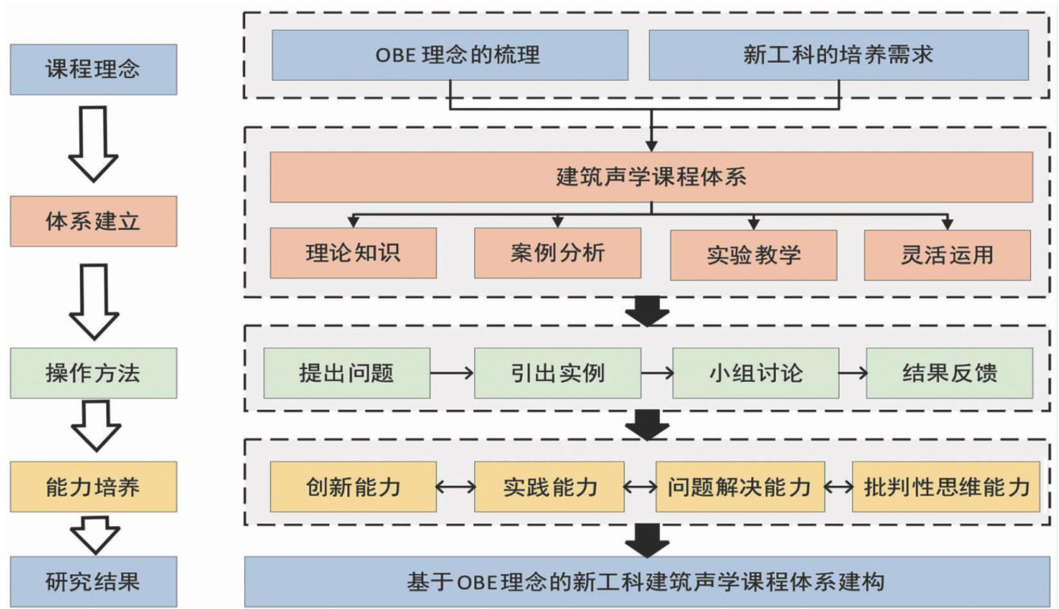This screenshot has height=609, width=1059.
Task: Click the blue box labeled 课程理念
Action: tap(93, 69)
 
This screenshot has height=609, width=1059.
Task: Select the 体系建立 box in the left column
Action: tap(93, 220)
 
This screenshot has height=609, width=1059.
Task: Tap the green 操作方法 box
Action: tap(93, 373)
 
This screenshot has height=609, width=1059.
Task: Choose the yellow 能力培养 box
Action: tap(93, 487)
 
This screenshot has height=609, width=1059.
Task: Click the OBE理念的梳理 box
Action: tap(450, 56)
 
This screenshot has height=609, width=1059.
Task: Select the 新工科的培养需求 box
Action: tap(838, 56)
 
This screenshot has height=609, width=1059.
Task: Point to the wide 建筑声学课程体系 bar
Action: tap(651, 176)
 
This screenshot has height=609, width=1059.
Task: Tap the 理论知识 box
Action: tap(353, 254)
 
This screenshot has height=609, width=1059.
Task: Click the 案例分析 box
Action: tap(557, 254)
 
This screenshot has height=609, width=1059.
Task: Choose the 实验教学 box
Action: tap(754, 255)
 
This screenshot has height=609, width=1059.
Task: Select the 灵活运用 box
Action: tap(947, 255)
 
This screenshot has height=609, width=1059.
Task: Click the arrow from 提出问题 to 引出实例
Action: tap(451, 373)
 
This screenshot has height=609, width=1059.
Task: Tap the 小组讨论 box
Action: tap(755, 373)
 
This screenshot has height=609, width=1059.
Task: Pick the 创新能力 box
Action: tap(353, 487)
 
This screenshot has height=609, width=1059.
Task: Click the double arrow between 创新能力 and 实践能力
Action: tap(455, 487)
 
